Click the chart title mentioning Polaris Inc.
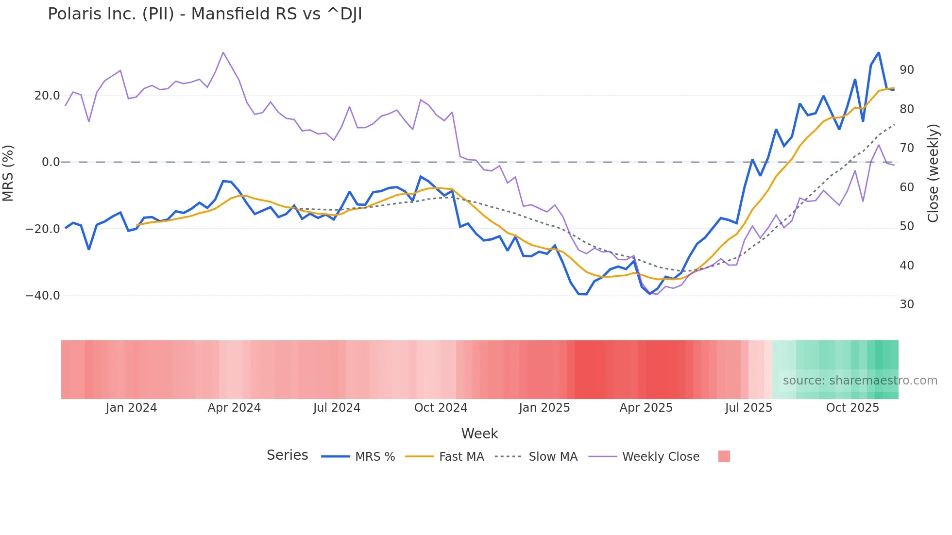(204, 14)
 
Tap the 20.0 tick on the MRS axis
(47, 96)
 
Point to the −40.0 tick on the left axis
(43, 296)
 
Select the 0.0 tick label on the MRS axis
(51, 162)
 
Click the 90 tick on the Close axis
(906, 70)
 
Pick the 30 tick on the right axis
(906, 304)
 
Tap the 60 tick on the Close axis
(906, 187)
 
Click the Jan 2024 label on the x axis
(131, 408)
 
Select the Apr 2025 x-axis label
(646, 408)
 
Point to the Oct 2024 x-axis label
(441, 408)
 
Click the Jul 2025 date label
(748, 408)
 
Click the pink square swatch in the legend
(724, 456)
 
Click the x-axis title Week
(479, 434)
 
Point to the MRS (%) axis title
(8, 173)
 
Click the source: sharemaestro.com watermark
(860, 381)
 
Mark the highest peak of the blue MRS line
(878, 52)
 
